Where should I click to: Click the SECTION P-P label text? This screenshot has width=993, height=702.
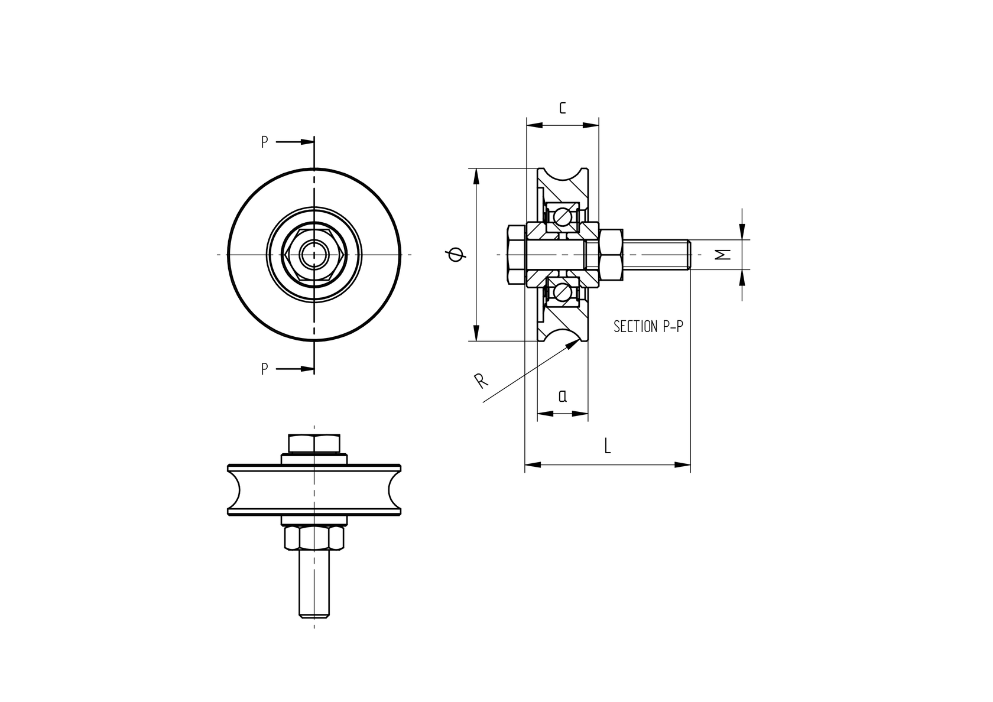point(648,326)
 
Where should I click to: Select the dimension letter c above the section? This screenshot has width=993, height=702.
point(562,108)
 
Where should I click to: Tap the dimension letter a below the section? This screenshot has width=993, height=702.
point(563,395)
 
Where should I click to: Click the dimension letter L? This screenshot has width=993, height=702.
point(607,446)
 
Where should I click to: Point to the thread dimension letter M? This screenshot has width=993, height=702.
point(723,254)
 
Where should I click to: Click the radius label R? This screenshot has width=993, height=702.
point(482,381)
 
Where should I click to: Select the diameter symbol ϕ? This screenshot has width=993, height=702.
point(457,254)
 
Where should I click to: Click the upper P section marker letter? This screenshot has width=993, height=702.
point(265,142)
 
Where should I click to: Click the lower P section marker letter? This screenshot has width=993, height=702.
point(265,369)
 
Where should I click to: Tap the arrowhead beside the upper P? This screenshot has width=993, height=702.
point(306,142)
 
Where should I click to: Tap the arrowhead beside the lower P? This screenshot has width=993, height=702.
point(306,369)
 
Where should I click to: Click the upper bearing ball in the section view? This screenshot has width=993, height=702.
point(562,217)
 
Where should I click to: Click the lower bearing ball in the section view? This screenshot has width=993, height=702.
point(562,291)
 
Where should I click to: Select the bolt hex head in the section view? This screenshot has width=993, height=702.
point(515,254)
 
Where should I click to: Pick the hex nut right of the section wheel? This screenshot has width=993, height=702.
point(611,254)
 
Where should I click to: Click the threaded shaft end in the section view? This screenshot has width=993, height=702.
point(656,254)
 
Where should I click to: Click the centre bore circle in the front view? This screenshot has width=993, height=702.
point(314,254)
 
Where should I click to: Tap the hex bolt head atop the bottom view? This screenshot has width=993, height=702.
point(314,443)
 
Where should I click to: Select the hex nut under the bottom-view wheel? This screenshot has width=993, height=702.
point(314,537)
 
